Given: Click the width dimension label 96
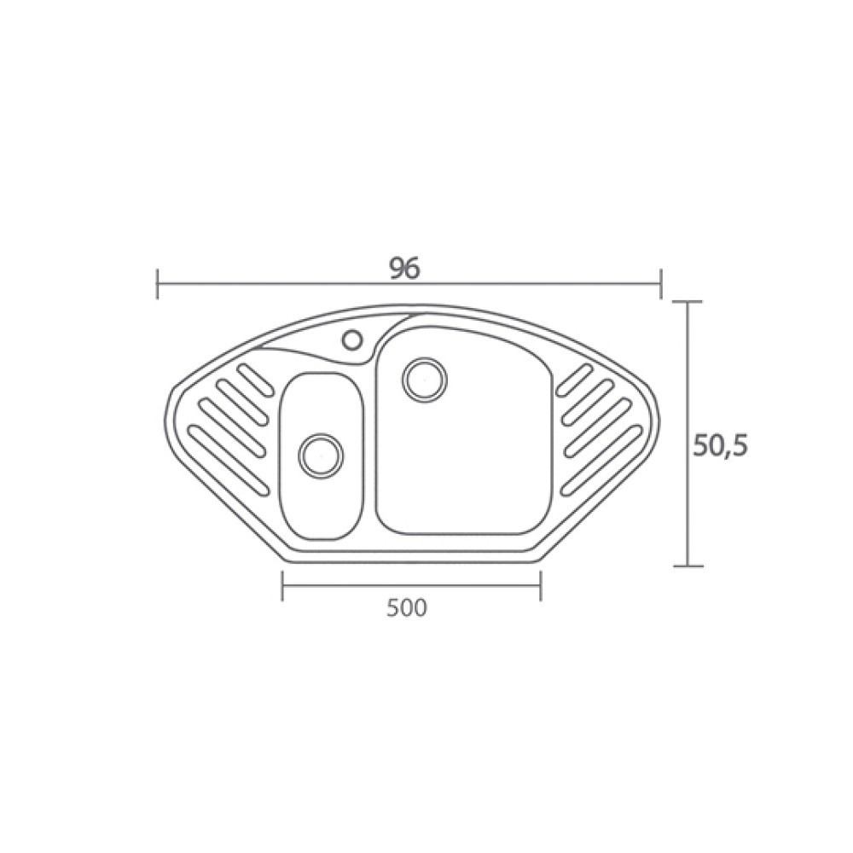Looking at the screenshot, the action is (x=405, y=268).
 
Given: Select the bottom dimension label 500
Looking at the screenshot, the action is (x=407, y=607).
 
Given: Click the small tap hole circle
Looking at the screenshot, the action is (x=352, y=339).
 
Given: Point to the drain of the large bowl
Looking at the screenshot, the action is (x=425, y=380).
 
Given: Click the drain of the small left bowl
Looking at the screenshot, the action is (x=321, y=456).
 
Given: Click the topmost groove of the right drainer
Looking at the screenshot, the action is (x=574, y=380).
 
